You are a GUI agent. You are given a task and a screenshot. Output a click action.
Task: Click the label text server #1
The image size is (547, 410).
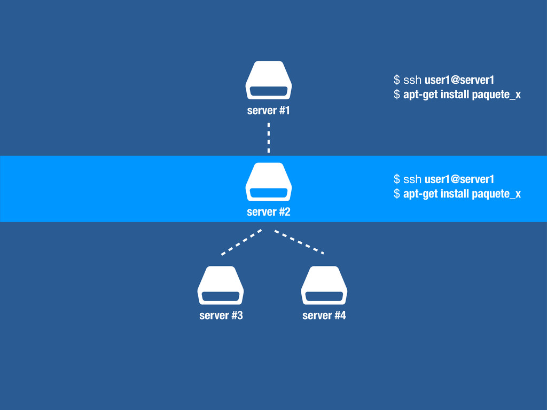(x=269, y=111)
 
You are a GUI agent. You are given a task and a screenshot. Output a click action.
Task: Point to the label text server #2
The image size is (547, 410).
(x=269, y=212)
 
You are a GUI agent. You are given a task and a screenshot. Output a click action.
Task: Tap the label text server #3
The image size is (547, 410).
(x=221, y=316)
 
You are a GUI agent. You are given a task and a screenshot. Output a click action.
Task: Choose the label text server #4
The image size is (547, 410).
(x=324, y=316)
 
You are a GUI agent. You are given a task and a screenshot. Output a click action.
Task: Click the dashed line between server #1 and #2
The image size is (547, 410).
(x=269, y=137)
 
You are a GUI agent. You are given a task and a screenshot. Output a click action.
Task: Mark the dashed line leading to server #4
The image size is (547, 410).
(x=299, y=241)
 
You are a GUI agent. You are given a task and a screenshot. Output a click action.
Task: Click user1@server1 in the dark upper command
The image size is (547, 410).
(x=459, y=81)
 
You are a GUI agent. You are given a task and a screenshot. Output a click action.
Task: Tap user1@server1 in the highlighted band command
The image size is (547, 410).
(x=459, y=178)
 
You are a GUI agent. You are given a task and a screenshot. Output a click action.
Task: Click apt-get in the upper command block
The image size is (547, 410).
(x=420, y=96)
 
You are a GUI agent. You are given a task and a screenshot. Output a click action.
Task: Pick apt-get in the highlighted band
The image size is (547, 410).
(x=420, y=194)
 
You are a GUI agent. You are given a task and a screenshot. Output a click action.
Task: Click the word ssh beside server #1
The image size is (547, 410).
(x=412, y=81)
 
